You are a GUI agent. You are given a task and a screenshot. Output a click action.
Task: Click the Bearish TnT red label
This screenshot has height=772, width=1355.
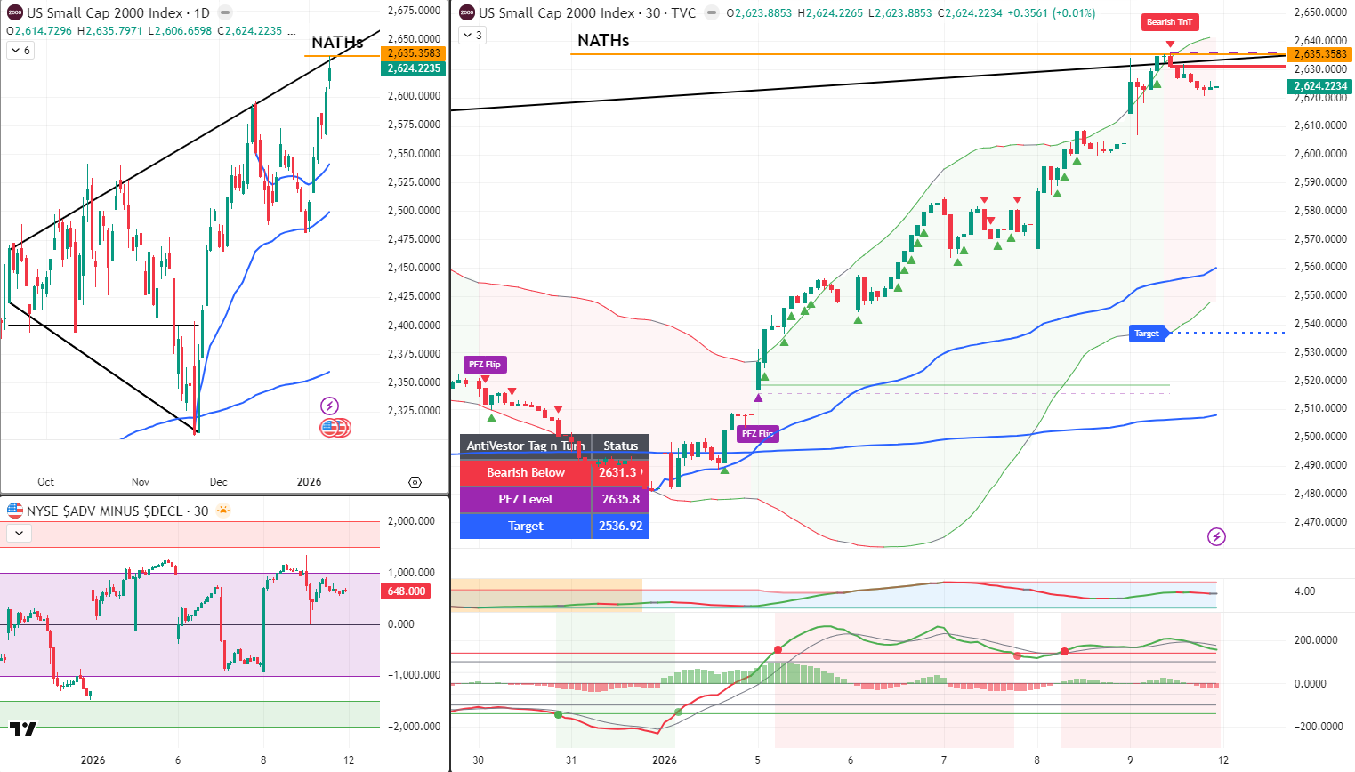(1169, 22)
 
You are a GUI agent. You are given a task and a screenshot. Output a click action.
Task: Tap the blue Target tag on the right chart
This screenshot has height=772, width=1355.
(1147, 334)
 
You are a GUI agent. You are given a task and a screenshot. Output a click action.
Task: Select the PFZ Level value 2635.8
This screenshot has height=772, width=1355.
(620, 499)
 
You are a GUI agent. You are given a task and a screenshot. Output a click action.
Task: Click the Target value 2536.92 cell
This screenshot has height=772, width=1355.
(620, 526)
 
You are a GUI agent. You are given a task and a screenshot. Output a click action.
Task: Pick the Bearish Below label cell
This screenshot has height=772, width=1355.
(525, 472)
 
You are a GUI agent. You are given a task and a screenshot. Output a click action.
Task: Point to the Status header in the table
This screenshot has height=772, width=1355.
(620, 446)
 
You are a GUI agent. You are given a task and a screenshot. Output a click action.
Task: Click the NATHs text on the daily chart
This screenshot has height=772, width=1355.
(337, 43)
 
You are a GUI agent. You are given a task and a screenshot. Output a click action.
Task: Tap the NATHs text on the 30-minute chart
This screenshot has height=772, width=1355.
(603, 41)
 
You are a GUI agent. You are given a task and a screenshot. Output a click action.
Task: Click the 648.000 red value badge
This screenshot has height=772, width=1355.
(407, 591)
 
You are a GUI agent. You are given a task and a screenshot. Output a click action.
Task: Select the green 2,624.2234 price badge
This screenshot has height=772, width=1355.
(1320, 86)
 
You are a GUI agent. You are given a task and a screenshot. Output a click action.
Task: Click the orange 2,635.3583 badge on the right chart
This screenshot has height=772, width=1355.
(1320, 54)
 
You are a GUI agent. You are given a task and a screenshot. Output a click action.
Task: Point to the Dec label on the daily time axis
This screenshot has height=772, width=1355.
(219, 482)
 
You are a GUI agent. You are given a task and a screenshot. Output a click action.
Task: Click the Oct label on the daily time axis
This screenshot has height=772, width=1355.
(46, 482)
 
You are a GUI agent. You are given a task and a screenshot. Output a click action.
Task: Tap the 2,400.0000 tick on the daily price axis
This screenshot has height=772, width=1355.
(414, 326)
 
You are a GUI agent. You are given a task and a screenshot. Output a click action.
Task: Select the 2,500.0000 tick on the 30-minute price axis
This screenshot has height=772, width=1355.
(1320, 437)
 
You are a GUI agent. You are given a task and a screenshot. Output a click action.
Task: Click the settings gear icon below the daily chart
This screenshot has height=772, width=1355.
(415, 482)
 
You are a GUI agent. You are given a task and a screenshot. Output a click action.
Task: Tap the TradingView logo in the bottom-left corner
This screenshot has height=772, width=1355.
(23, 729)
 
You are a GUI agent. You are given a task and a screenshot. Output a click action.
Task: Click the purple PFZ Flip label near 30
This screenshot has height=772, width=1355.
(485, 365)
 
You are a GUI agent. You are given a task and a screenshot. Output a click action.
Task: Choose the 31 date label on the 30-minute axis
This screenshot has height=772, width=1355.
(571, 760)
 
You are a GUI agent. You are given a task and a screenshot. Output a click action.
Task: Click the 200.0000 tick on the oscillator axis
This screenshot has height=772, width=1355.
(1316, 640)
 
